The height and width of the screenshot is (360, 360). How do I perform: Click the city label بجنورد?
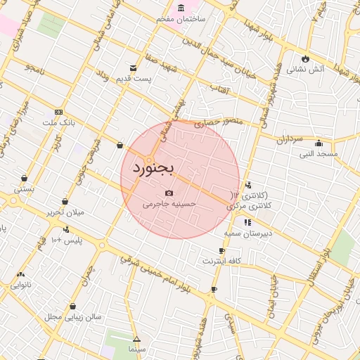[152, 170]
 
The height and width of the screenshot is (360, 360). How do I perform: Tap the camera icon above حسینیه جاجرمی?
[169, 193]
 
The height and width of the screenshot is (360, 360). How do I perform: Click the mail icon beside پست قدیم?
[134, 67]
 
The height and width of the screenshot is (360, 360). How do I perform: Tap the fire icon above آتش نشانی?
[305, 58]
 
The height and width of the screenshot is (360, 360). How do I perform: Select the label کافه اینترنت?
[222, 261]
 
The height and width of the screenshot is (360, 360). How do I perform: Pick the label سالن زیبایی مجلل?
[74, 316]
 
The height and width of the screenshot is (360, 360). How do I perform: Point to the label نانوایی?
[20, 285]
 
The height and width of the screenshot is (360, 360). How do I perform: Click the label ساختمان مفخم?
[182, 18]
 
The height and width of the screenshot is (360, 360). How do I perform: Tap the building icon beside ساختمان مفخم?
[182, 8]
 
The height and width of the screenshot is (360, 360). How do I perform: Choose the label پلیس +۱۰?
[67, 240]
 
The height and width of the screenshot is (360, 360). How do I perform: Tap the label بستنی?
[24, 188]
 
